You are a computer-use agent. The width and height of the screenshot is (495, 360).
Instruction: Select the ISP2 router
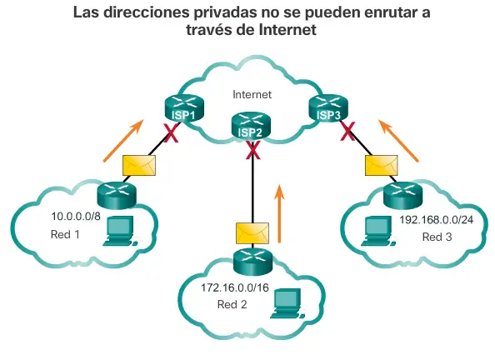point(251,126)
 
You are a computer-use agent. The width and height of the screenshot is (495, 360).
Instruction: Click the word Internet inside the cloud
point(252,94)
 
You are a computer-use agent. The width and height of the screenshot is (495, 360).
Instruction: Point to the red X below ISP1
point(171,132)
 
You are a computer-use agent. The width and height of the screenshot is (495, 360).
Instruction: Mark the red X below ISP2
point(252,150)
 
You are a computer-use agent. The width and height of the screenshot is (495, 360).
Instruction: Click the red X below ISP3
point(347,132)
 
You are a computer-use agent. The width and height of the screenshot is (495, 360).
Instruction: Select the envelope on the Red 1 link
point(139,165)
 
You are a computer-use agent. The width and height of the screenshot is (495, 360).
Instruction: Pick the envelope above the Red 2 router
point(252,233)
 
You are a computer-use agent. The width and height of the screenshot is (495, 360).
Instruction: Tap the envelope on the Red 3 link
point(382,165)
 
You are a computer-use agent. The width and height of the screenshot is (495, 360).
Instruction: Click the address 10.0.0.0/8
point(76,217)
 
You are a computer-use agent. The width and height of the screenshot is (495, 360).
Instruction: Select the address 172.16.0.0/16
point(235,287)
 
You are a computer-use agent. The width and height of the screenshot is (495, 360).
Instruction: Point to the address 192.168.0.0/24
point(437,219)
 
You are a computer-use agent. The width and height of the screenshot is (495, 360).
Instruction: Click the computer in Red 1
point(120,231)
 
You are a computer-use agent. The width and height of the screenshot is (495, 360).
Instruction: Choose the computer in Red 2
point(287,303)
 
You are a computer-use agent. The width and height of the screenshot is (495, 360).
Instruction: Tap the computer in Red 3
point(378,231)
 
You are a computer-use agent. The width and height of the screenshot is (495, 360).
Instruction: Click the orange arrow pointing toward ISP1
point(123,141)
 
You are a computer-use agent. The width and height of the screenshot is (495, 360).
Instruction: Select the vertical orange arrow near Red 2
point(279,213)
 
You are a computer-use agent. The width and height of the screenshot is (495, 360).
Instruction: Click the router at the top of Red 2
point(252,261)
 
